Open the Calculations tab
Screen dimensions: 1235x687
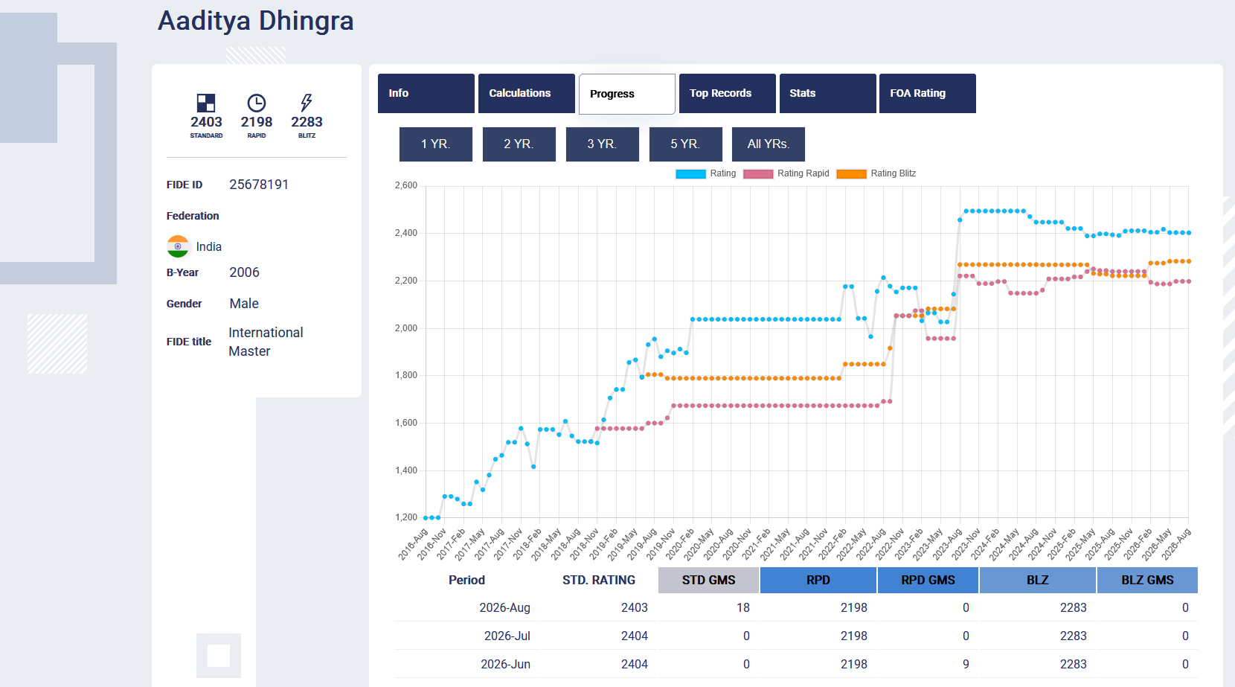click(527, 93)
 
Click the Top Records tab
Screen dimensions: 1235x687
click(727, 93)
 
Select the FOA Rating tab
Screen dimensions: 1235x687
click(927, 93)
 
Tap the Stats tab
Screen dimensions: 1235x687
click(827, 93)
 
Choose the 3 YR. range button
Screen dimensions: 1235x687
click(602, 144)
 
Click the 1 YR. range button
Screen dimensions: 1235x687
click(435, 144)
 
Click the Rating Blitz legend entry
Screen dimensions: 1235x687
click(876, 173)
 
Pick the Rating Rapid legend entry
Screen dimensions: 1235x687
click(786, 173)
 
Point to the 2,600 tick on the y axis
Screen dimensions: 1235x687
click(405, 185)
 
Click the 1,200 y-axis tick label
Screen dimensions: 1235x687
click(405, 517)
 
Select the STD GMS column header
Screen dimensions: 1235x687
click(708, 580)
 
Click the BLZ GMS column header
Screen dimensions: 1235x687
click(1147, 580)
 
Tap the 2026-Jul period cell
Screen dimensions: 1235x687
click(507, 636)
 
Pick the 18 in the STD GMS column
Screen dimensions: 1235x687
click(743, 607)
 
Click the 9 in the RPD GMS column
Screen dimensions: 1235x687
click(966, 664)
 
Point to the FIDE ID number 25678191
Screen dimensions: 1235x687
click(259, 185)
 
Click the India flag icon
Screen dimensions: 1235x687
click(178, 246)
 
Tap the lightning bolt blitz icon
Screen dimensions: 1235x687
click(307, 103)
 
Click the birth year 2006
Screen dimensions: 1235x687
click(244, 272)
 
